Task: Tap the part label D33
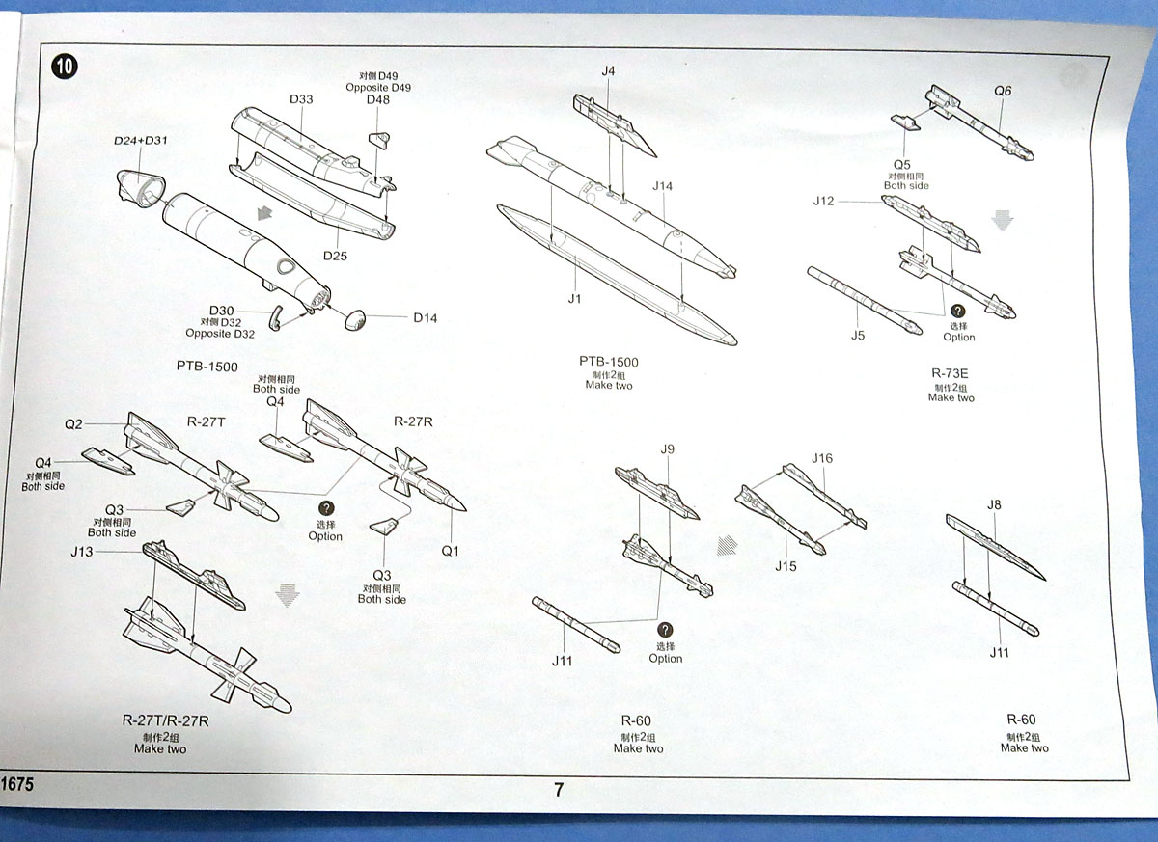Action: [301, 99]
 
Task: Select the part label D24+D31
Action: [140, 141]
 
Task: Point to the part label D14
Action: [425, 317]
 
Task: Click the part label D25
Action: [335, 256]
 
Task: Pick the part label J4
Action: [608, 70]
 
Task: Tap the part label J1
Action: [574, 299]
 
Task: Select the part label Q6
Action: [1003, 91]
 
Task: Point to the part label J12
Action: [823, 202]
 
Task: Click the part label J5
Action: [858, 336]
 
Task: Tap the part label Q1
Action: [451, 551]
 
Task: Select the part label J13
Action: [83, 551]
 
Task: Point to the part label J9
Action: [668, 448]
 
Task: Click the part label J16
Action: [822, 457]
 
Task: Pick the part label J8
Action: [994, 504]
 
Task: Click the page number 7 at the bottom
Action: [559, 789]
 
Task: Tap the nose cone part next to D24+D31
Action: [139, 186]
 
